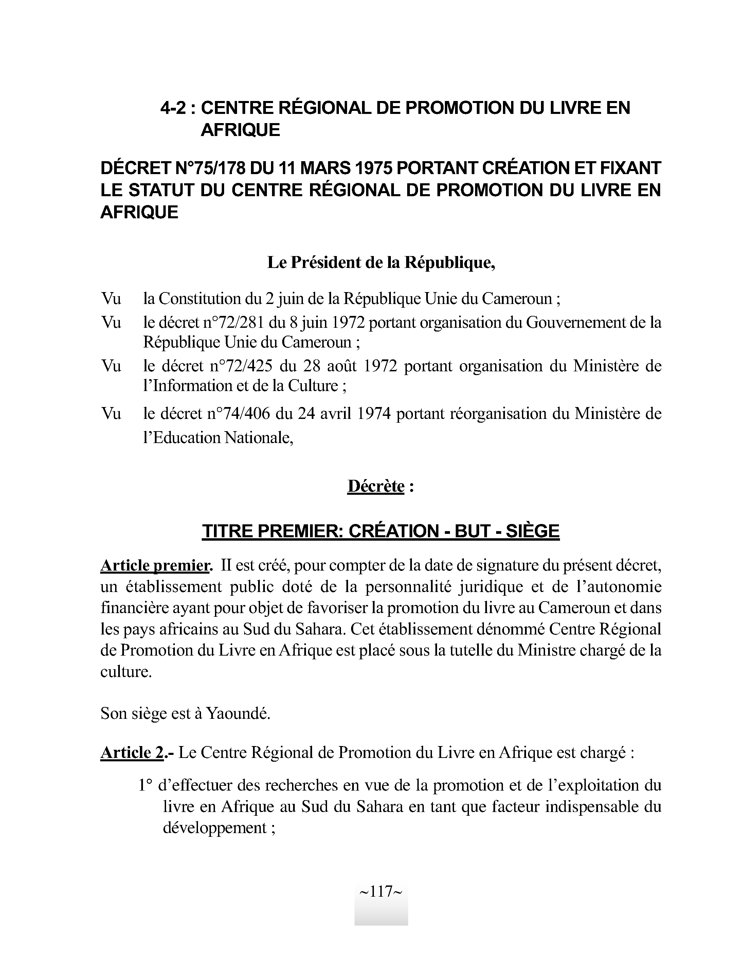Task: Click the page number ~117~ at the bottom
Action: [x=381, y=892]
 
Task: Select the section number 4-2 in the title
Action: [x=173, y=108]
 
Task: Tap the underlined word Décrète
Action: [x=376, y=486]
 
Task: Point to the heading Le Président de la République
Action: [x=381, y=262]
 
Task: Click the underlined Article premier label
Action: [x=155, y=565]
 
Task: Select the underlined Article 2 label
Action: [x=132, y=752]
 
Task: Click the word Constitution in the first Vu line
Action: [x=198, y=299]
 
